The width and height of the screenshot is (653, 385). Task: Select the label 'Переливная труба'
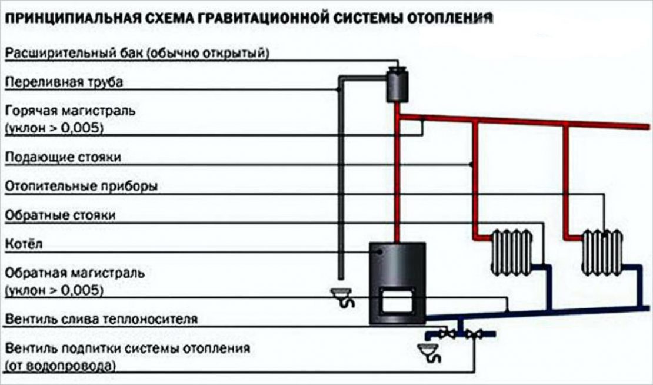(64, 82)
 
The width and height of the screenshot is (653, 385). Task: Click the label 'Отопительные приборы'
(81, 187)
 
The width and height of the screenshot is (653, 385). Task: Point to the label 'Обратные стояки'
(60, 215)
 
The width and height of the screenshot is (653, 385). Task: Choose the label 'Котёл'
(24, 244)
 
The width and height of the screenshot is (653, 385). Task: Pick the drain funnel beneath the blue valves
(429, 352)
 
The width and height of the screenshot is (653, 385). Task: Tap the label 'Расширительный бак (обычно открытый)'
(137, 53)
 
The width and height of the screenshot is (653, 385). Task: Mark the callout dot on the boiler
(380, 252)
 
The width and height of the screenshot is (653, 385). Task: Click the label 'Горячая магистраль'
(70, 110)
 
